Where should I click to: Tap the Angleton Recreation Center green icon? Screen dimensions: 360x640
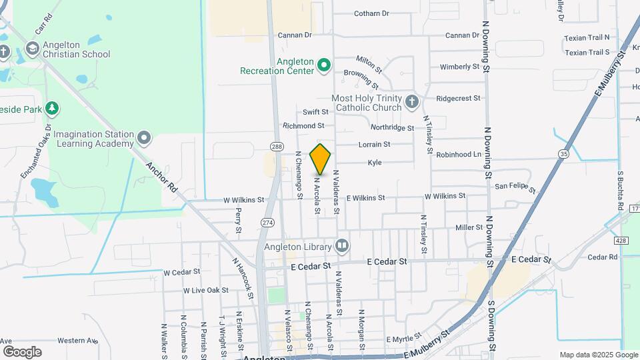(324, 65)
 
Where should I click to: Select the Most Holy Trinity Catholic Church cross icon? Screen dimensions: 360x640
(411, 101)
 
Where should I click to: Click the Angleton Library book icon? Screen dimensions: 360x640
(342, 247)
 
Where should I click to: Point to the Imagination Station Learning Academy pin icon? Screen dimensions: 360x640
(145, 139)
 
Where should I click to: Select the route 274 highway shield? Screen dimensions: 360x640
(268, 222)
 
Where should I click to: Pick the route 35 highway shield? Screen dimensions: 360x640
(565, 154)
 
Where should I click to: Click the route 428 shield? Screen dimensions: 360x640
(621, 241)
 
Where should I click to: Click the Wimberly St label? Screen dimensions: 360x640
(459, 67)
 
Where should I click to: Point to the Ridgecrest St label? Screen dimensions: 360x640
(458, 98)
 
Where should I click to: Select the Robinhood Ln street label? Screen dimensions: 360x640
(459, 154)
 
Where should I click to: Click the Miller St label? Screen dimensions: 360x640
(469, 228)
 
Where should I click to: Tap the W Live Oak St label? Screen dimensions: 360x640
(206, 290)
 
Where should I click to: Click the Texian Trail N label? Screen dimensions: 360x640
(587, 39)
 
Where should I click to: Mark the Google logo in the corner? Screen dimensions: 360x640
(22, 351)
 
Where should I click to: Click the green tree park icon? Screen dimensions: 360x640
(52, 108)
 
